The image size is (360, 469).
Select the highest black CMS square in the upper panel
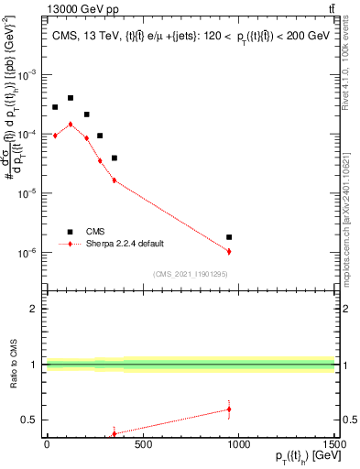[x=71, y=98]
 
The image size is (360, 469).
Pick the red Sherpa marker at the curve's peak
[x=71, y=125]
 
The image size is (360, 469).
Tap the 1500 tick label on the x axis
[x=333, y=445]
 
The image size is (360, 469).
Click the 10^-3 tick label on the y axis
[x=29, y=74]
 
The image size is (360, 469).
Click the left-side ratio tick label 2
[x=34, y=309]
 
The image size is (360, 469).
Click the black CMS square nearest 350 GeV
[x=115, y=158]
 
